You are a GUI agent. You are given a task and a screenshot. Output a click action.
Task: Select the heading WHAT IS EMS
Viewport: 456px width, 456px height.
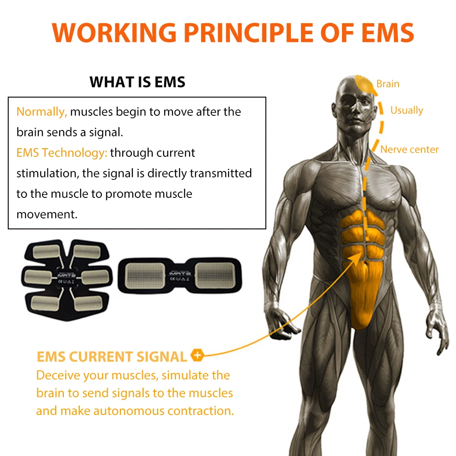tap(137, 82)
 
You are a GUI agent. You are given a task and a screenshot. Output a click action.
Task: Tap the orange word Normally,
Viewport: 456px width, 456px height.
tap(41, 112)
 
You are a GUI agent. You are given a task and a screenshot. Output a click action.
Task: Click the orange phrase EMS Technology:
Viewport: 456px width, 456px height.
tap(62, 153)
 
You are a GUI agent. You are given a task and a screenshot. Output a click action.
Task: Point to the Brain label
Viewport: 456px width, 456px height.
tap(388, 84)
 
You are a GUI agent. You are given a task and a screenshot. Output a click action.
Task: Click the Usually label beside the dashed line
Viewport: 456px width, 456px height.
tap(406, 110)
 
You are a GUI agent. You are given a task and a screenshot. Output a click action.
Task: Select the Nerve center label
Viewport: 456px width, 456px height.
tap(409, 150)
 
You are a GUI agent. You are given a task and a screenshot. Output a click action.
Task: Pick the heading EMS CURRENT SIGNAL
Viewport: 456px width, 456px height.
tap(112, 357)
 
